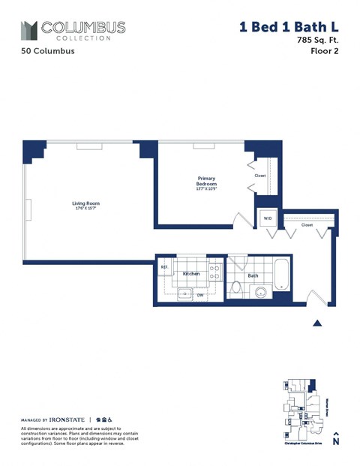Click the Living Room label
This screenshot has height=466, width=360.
point(86,203)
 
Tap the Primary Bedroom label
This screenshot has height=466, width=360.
point(207,182)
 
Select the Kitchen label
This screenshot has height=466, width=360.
point(191,274)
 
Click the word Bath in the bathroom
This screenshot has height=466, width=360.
point(253,275)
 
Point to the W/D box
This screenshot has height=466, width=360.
point(266,218)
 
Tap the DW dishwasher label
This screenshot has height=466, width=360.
point(200,295)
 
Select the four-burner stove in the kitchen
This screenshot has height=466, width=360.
point(214,272)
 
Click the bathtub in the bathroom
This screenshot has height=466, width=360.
point(280,275)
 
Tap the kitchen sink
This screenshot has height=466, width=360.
point(184,293)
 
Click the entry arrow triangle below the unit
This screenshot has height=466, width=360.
point(317,323)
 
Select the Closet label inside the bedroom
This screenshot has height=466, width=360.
point(260,176)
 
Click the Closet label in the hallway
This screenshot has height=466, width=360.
point(307,224)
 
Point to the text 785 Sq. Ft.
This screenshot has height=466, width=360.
point(318,41)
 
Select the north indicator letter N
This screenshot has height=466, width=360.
point(336,442)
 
